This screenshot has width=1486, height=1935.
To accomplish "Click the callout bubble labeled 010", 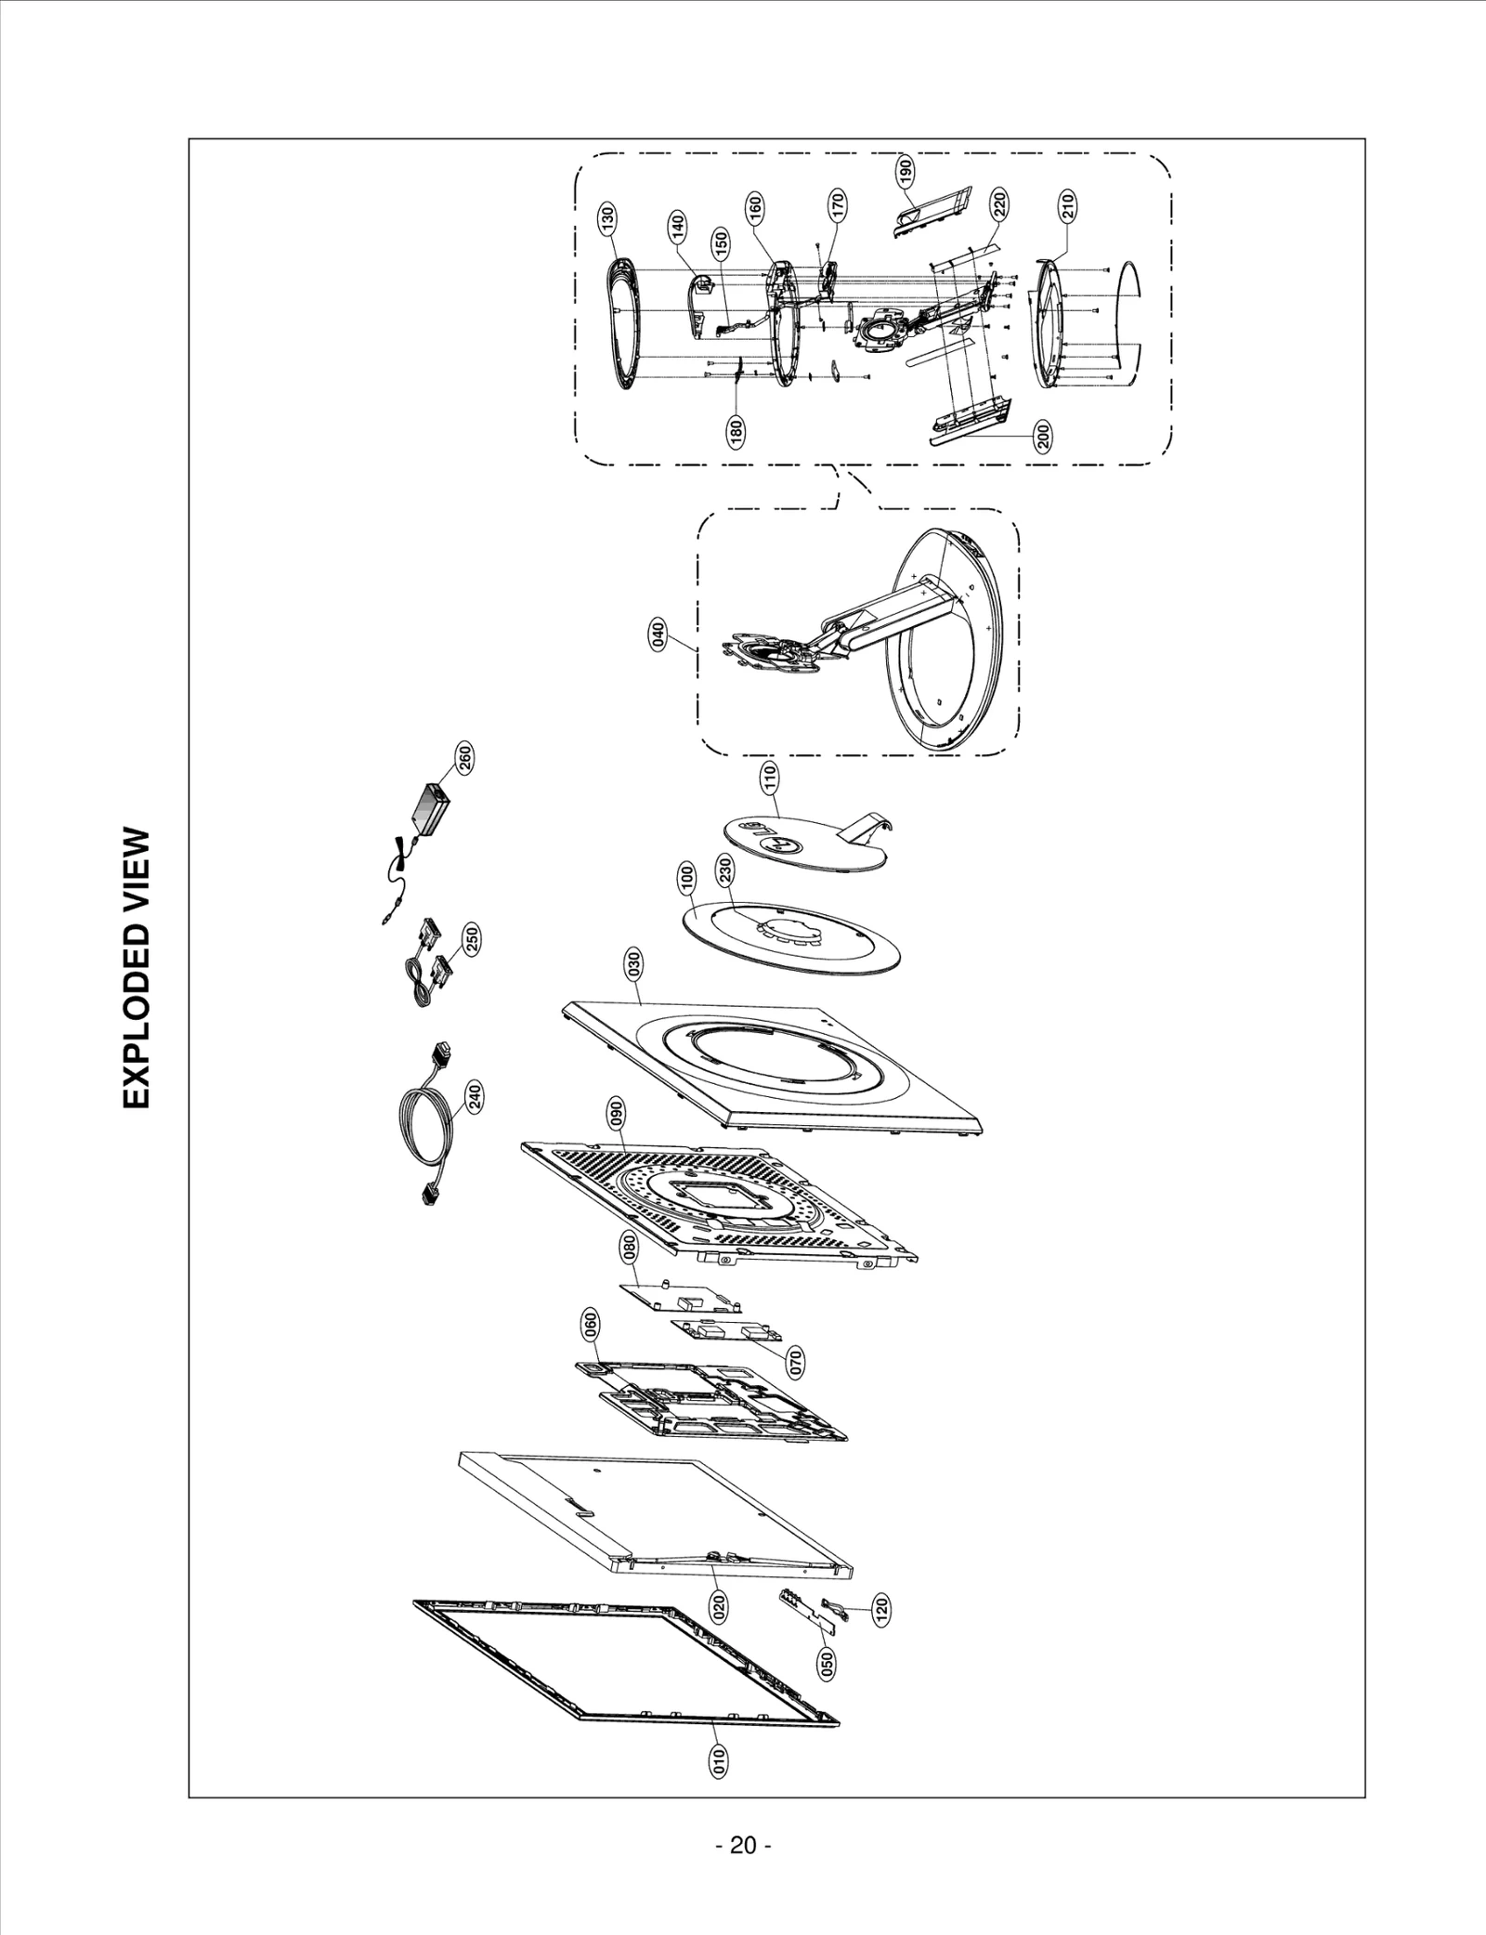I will pos(717,1761).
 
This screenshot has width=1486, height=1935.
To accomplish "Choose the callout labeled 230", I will pos(725,872).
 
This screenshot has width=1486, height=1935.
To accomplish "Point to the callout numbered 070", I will pos(795,1362).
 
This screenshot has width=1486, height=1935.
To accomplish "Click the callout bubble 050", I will pos(826,1662).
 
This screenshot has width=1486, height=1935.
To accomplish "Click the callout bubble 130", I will pos(606,221).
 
